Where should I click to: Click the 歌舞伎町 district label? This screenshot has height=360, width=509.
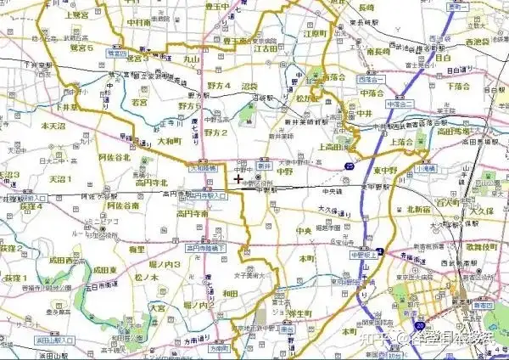483,246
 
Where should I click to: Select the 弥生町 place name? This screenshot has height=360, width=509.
302,313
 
